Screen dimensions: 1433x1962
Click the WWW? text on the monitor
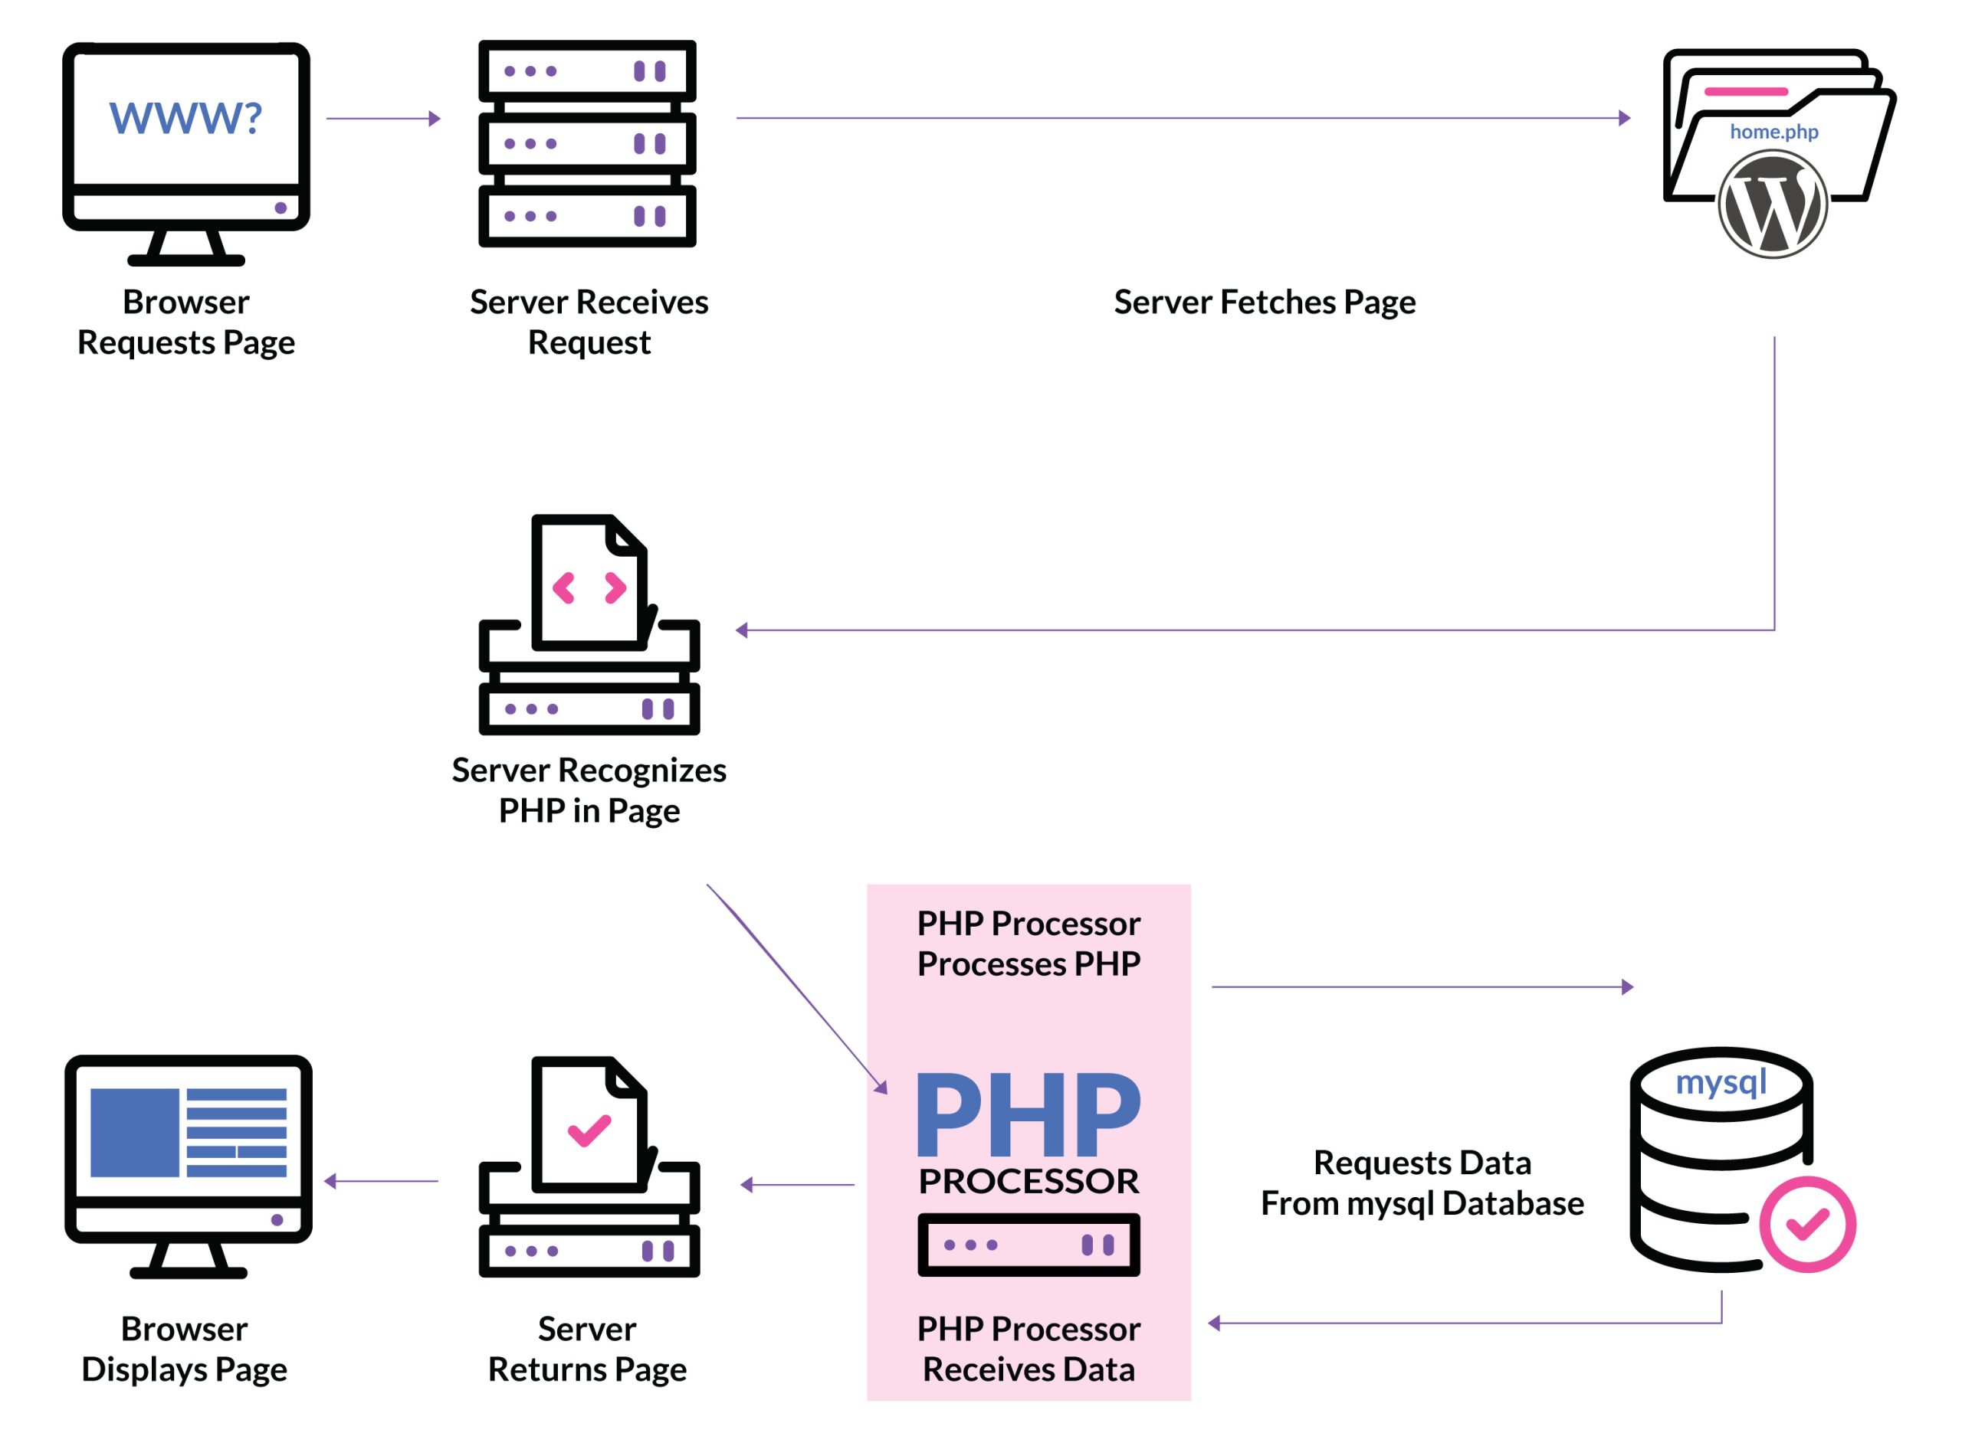tap(185, 118)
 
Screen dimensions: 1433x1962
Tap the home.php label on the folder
tap(1773, 132)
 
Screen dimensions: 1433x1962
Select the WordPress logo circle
tap(1772, 204)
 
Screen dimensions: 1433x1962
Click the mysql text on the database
tap(1720, 1081)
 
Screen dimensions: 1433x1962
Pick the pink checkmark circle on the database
tap(1806, 1224)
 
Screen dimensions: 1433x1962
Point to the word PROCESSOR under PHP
tap(1029, 1182)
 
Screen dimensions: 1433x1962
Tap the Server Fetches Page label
tap(1264, 302)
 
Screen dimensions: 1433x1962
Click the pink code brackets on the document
tap(589, 588)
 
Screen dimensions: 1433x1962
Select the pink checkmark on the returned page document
tap(589, 1130)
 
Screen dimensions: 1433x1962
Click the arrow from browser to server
tap(382, 119)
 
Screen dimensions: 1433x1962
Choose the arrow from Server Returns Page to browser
tap(381, 1182)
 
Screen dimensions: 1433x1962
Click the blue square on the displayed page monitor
tap(134, 1133)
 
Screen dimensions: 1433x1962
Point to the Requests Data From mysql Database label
tap(1422, 1183)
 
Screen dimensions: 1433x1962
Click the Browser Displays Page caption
tap(184, 1350)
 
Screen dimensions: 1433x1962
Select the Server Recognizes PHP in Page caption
tap(589, 790)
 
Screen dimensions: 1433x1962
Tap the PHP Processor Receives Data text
tap(1029, 1350)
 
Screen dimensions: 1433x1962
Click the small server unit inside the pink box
tap(1029, 1245)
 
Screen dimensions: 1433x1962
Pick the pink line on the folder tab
tap(1745, 92)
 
